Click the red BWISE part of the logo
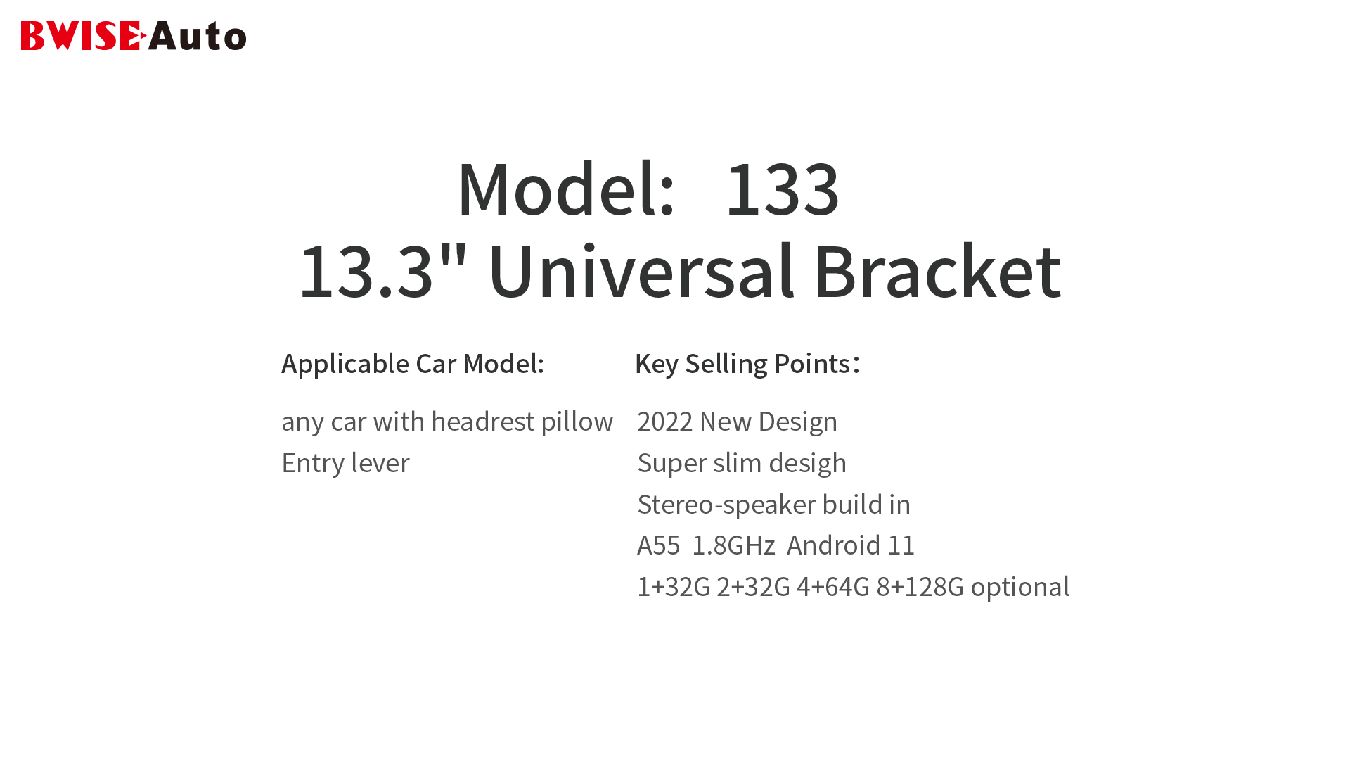[84, 36]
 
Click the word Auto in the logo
[198, 36]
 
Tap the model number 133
[783, 189]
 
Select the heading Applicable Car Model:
[413, 364]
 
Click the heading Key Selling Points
[747, 364]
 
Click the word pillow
[577, 422]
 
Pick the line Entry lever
[345, 463]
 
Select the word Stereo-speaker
[726, 505]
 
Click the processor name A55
[659, 545]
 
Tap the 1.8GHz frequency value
[733, 545]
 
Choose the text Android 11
[851, 545]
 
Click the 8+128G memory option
[920, 587]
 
